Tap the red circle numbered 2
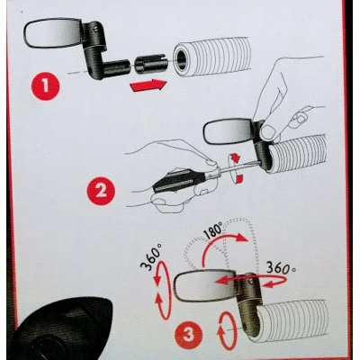(x=101, y=191)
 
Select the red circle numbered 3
(x=188, y=334)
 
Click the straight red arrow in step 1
(x=148, y=85)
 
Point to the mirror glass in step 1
(x=51, y=32)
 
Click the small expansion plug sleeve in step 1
(x=150, y=64)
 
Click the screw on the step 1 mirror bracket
(x=95, y=29)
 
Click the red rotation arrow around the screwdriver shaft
(x=236, y=168)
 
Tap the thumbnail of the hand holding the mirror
(x=270, y=132)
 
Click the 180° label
(x=212, y=233)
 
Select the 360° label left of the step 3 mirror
(x=151, y=256)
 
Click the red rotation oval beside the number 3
(x=227, y=331)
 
